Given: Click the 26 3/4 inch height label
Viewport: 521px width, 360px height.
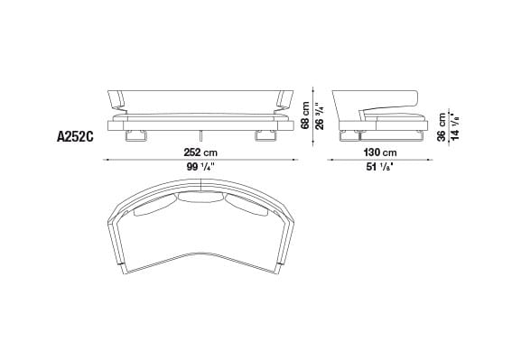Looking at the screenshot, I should point(318,114).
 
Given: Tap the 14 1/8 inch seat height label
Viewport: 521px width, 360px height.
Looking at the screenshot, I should point(456,125).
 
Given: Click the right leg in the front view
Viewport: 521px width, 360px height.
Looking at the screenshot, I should point(265,136).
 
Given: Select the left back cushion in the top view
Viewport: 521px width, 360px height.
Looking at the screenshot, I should point(151,209).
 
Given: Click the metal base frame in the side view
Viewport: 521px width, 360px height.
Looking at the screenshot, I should point(379,137).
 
